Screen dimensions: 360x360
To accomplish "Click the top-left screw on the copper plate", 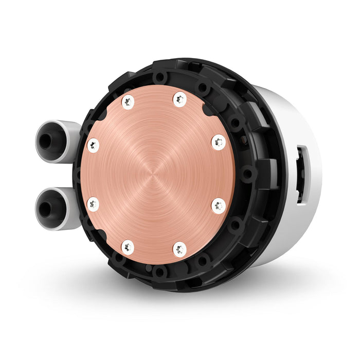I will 128,103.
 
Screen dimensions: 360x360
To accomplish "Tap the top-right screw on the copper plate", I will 179,99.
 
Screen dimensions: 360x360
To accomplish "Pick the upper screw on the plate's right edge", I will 218,141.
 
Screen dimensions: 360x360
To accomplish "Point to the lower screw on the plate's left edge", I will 93,204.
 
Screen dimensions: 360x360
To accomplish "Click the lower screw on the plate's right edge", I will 218,206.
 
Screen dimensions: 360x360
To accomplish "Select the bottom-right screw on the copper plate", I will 179,250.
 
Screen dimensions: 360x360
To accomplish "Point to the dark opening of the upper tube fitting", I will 46,141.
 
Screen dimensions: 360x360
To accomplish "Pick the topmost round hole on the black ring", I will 160,78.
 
